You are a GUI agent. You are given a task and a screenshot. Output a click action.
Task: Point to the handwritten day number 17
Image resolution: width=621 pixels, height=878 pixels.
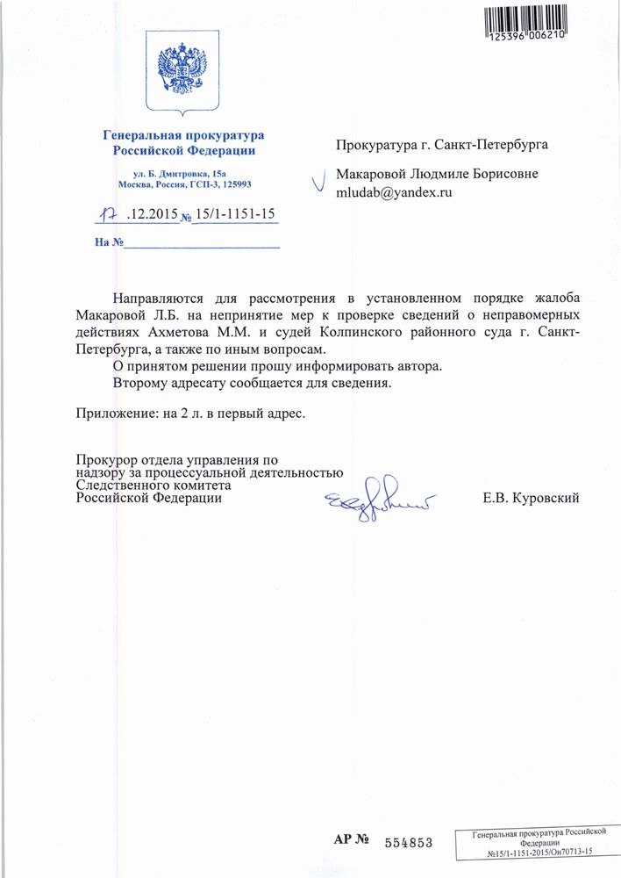(x=107, y=212)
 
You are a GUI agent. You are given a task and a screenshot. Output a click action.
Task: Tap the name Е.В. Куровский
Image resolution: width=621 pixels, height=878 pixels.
(x=530, y=499)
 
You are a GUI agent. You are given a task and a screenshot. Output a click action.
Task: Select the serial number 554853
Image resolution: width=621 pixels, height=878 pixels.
(x=408, y=842)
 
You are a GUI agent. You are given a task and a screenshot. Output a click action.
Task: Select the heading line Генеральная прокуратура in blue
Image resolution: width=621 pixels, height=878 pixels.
(x=182, y=135)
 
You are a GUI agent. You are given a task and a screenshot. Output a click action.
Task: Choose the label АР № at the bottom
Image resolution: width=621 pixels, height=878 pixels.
(x=351, y=840)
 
